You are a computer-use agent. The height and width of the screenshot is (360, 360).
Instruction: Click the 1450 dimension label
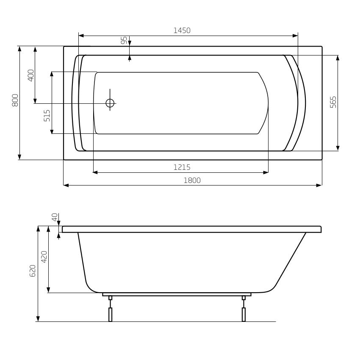pyautogui.click(x=182, y=30)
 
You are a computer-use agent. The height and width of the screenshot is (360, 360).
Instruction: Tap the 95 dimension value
pyautogui.click(x=124, y=40)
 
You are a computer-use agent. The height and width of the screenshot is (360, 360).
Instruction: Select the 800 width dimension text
pyautogui.click(x=15, y=100)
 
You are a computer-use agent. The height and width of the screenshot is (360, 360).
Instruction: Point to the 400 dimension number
pyautogui.click(x=31, y=75)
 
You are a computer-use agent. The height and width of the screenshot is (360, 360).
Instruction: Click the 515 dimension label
pyautogui.click(x=47, y=116)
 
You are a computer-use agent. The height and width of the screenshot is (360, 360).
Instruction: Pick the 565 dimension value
pyautogui.click(x=333, y=102)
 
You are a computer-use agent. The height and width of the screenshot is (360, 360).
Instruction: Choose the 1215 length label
pyautogui.click(x=182, y=167)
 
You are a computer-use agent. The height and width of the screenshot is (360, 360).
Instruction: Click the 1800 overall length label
pyautogui.click(x=192, y=180)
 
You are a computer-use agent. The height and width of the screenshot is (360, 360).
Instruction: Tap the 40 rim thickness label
pyautogui.click(x=55, y=217)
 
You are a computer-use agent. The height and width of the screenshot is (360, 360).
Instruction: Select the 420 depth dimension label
pyautogui.click(x=44, y=257)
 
